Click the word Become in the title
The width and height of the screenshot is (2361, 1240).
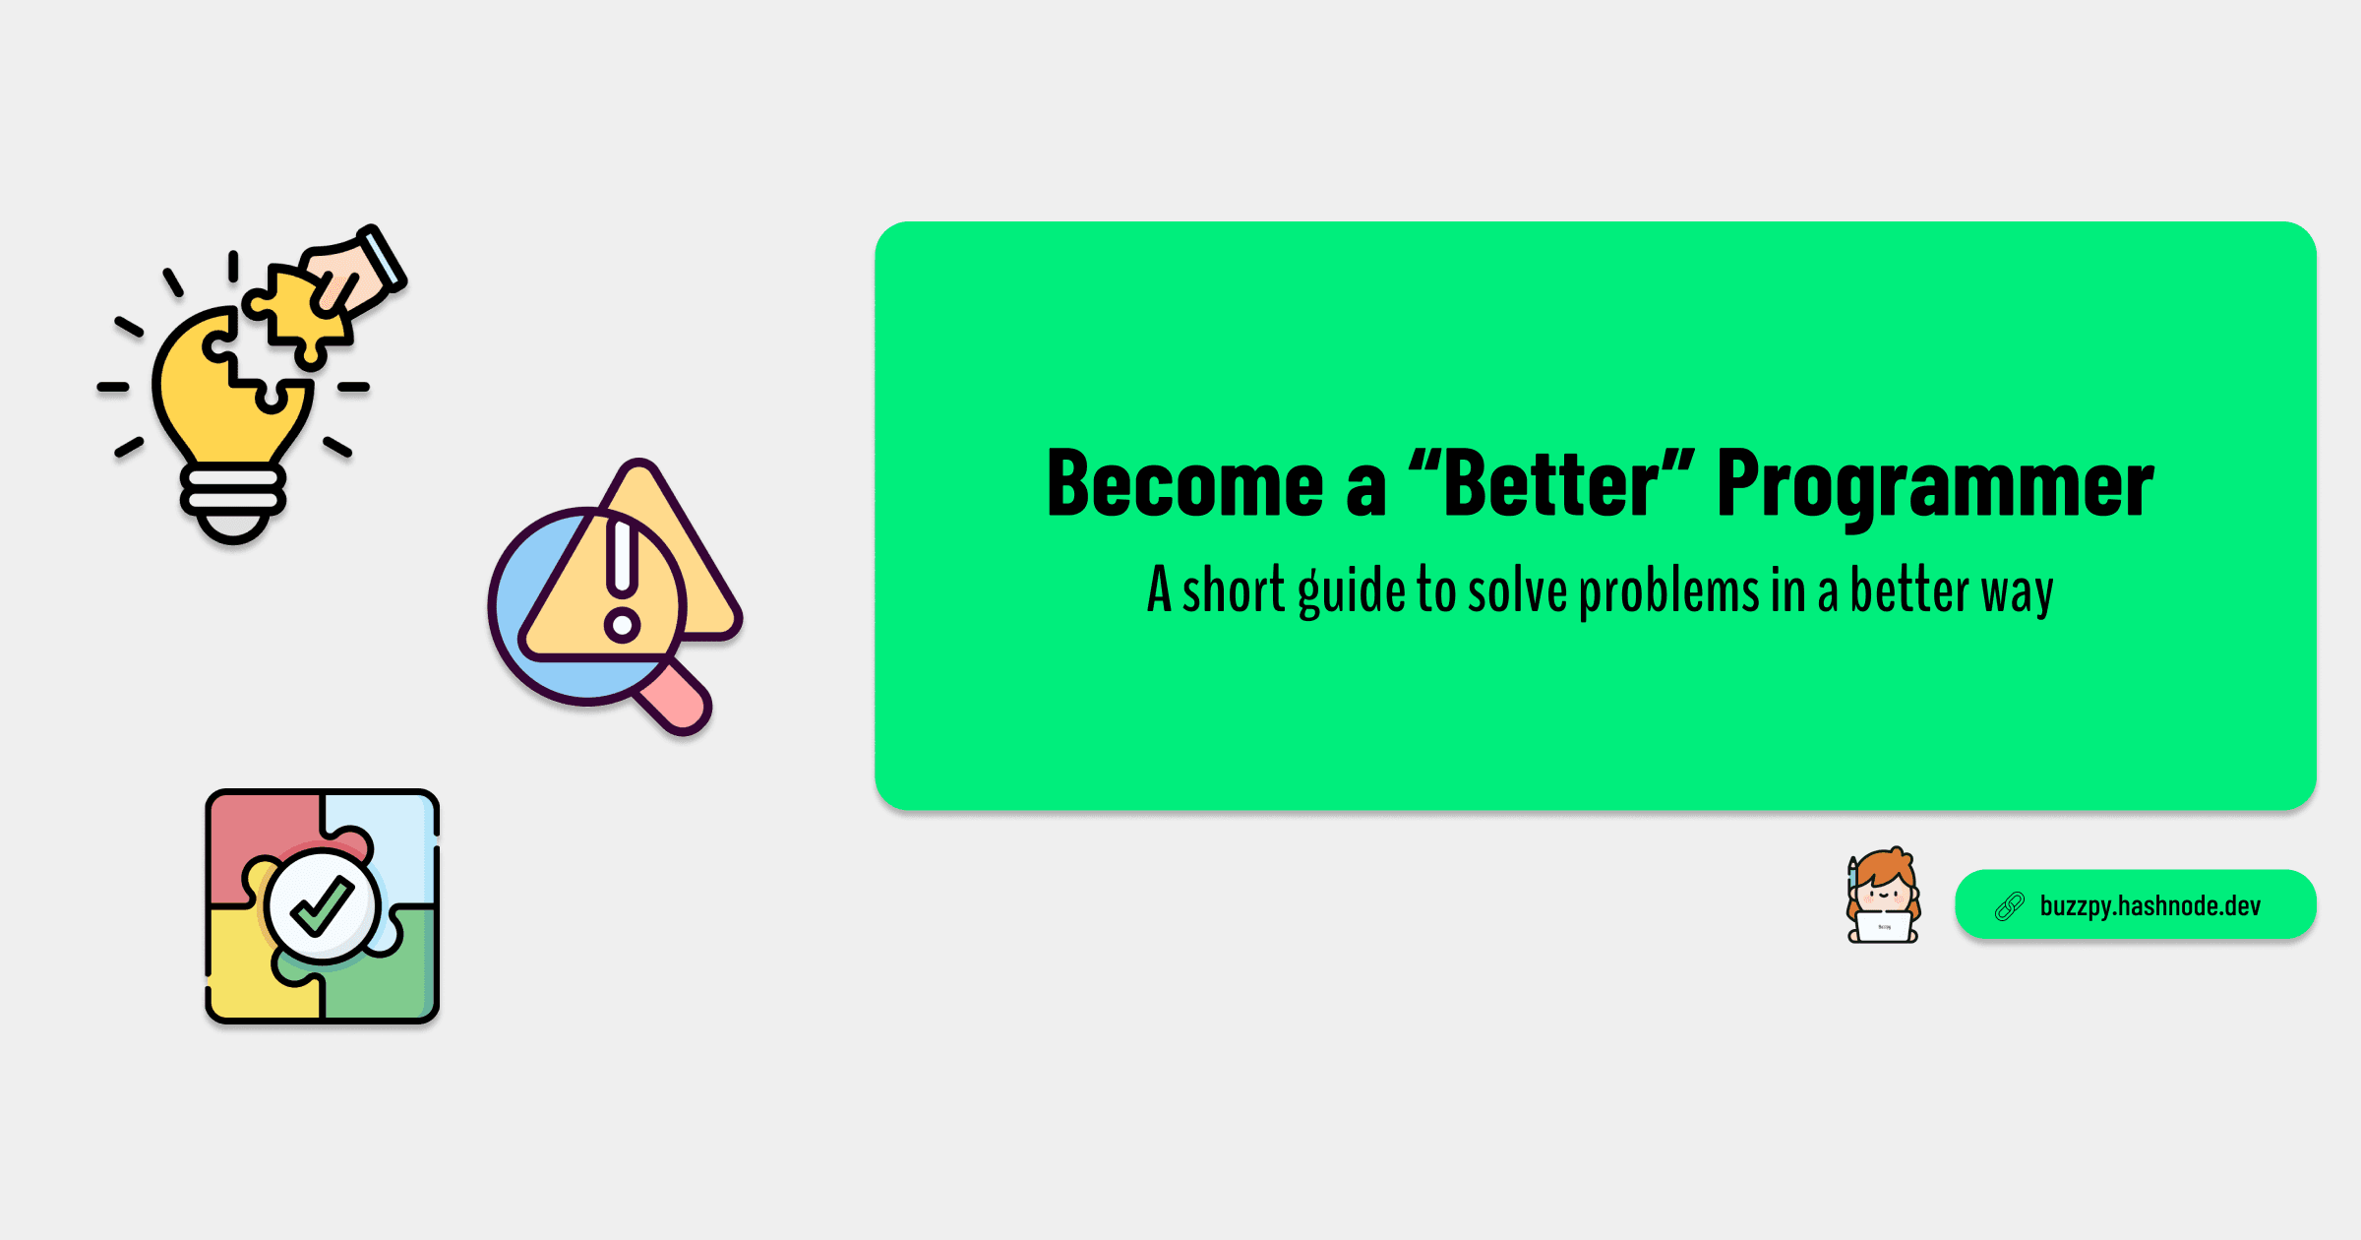point(1185,483)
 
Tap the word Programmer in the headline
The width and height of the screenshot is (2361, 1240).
point(1935,487)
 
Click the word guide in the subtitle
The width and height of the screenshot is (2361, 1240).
point(1352,591)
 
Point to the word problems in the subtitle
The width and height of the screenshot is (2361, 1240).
point(1669,591)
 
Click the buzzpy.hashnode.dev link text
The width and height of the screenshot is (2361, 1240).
point(2150,905)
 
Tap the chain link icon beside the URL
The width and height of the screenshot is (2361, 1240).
point(2009,905)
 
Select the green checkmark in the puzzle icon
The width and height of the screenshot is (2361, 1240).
point(322,905)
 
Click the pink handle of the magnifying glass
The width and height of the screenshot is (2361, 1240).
point(675,696)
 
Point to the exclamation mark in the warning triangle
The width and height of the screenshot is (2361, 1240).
point(622,581)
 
